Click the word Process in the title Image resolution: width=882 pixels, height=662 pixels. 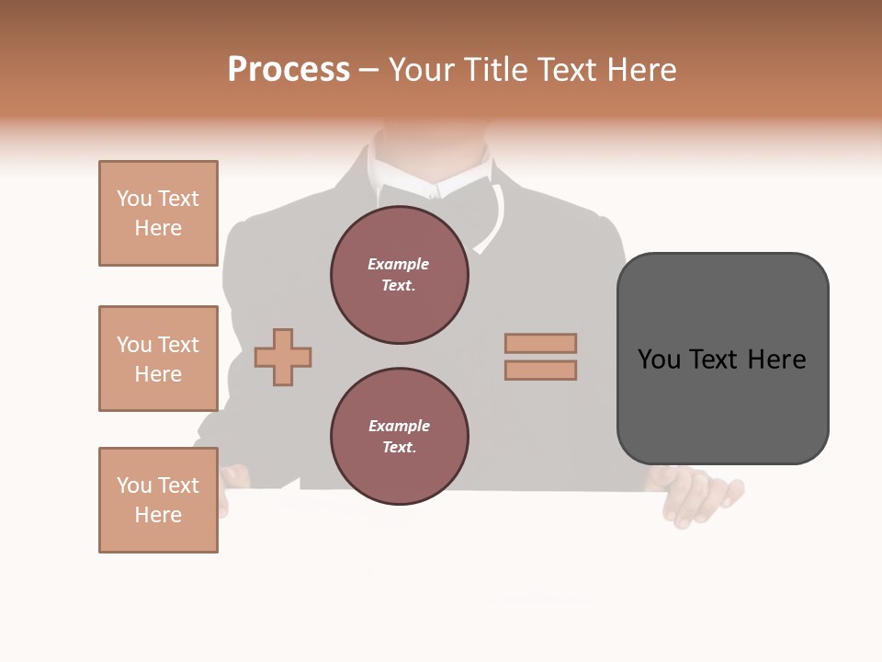point(288,70)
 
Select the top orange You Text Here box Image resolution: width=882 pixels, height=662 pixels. point(158,213)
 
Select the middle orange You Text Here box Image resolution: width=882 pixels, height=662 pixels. point(158,359)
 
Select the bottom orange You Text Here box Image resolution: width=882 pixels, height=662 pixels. point(158,500)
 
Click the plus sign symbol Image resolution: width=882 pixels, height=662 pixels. point(283,356)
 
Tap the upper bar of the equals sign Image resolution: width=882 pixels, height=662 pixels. point(540,344)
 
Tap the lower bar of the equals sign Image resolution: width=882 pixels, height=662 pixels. point(540,371)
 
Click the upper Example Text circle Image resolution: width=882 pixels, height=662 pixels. point(399,274)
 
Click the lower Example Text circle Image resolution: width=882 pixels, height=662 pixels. point(399,436)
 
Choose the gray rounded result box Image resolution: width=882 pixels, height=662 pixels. point(722,359)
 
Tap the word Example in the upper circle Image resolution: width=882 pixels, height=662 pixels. point(398,264)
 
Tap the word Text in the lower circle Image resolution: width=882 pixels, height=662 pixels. point(399,447)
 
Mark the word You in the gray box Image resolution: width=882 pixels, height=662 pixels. point(660,360)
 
